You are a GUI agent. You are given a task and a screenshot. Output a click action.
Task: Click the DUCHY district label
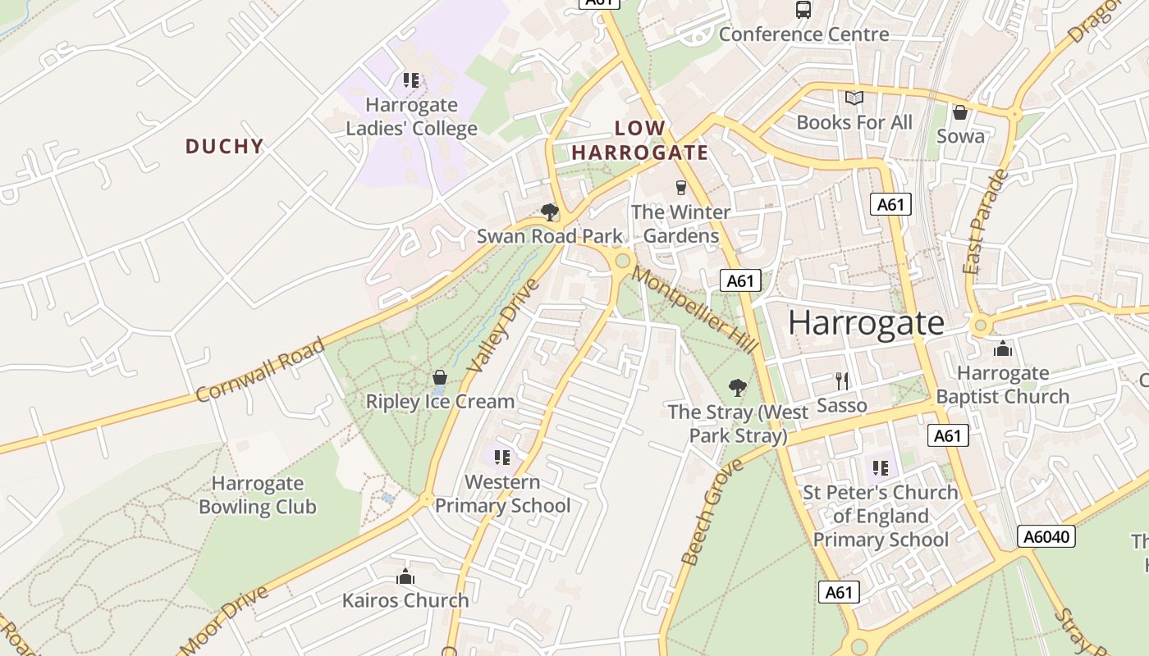pos(224,147)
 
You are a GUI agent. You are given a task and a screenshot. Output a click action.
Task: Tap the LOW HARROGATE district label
pos(640,140)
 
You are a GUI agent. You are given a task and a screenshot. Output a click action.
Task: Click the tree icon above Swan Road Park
pos(550,212)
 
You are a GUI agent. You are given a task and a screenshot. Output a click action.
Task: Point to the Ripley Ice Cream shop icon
pos(440,377)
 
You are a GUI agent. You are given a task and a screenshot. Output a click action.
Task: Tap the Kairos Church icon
pos(405,576)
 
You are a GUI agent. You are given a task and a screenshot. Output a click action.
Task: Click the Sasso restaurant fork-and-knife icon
pos(841,380)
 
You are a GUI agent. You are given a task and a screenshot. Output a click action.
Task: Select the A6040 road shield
pos(1046,536)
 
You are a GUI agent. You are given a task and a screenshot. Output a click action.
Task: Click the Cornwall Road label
pos(261,371)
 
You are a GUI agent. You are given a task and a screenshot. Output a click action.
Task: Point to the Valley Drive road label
pos(503,326)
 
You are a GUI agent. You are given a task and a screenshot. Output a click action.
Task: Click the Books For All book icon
pos(854,98)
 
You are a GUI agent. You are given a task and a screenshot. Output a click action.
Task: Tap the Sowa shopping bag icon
pos(959,112)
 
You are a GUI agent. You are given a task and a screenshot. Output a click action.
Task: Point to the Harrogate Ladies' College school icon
pos(410,80)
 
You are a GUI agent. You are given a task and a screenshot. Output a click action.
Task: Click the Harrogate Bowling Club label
pos(257,495)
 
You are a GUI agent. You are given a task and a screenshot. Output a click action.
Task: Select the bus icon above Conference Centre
pos(803,10)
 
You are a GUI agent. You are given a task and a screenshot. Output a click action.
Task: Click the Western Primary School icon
pos(501,457)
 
